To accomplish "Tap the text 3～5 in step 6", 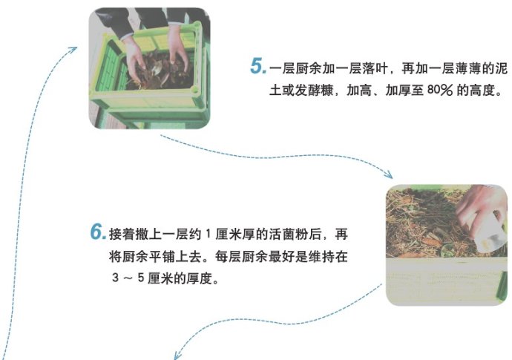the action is pyautogui.click(x=128, y=278).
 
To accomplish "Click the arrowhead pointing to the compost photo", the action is pyautogui.click(x=388, y=174).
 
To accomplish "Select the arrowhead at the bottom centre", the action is pyautogui.click(x=177, y=355).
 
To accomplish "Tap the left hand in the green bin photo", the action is pyautogui.click(x=135, y=62).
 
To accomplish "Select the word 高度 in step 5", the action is pyautogui.click(x=482, y=90).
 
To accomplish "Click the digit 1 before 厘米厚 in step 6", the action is pyautogui.click(x=208, y=235).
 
